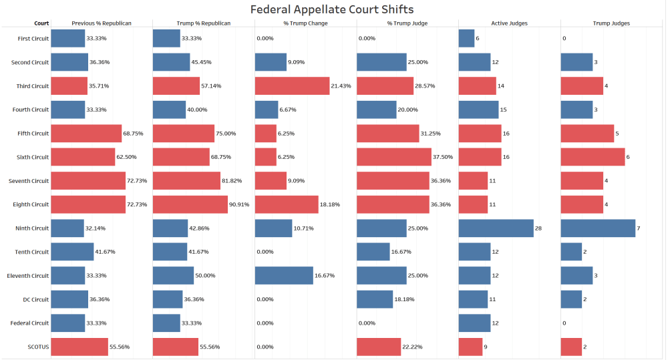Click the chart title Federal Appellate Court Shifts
click(x=332, y=9)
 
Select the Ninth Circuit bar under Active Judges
click(x=496, y=228)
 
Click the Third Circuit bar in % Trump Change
click(x=292, y=86)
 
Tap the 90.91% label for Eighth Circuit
click(x=238, y=204)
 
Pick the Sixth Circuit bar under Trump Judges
click(x=593, y=157)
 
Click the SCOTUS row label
click(x=37, y=347)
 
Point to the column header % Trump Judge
click(x=407, y=23)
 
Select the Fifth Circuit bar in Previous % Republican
click(x=86, y=134)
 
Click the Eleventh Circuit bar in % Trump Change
click(x=284, y=276)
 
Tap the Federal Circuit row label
click(x=31, y=323)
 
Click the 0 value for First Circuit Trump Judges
click(x=564, y=39)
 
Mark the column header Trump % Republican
click(x=203, y=23)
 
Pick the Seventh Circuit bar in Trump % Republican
click(x=187, y=181)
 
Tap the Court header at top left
click(x=41, y=23)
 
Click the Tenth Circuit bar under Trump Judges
click(x=571, y=252)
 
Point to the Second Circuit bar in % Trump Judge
click(x=381, y=62)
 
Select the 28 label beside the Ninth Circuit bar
click(x=538, y=228)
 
